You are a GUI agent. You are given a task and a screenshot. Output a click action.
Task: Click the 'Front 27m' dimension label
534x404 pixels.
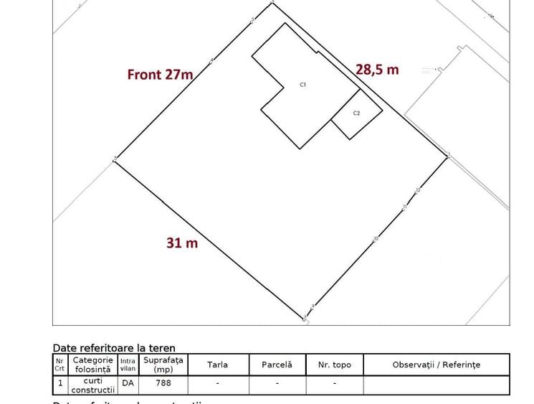pos(160,74)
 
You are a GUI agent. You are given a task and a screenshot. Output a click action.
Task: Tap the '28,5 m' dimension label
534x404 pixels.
pos(377,69)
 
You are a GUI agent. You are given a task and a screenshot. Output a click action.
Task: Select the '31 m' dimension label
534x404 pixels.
pos(182,243)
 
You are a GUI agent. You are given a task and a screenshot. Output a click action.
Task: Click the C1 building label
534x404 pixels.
pos(303,85)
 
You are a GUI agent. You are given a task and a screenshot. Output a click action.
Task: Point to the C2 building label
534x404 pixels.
pos(356,113)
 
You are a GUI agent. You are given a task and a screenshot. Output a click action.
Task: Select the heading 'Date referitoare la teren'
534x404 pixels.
pos(114,348)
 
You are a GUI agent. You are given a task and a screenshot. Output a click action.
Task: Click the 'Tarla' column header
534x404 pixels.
pos(218,365)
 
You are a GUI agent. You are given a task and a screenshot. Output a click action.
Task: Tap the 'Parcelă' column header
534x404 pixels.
pos(277,365)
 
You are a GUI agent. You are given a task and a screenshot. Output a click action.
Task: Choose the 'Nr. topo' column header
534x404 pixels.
pos(334,365)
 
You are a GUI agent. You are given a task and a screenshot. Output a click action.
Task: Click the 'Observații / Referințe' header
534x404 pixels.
pos(436,365)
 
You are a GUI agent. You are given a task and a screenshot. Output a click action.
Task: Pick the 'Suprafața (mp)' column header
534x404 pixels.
pos(163,365)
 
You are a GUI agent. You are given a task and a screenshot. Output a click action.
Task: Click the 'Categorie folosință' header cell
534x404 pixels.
pos(92,365)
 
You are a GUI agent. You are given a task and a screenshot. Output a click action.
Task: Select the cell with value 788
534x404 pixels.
pos(163,383)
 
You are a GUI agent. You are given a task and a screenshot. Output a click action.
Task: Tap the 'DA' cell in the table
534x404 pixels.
pos(128,383)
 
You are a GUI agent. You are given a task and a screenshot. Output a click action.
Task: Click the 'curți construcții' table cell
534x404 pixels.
pos(92,385)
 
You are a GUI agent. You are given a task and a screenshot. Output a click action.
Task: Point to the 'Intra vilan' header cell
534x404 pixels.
pos(128,365)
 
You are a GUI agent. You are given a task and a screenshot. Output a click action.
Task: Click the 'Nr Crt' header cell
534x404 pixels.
pos(59,365)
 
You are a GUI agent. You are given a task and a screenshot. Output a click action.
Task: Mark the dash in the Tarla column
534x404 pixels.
pos(218,383)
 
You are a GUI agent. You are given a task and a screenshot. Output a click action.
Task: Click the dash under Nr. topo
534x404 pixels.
pos(334,383)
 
